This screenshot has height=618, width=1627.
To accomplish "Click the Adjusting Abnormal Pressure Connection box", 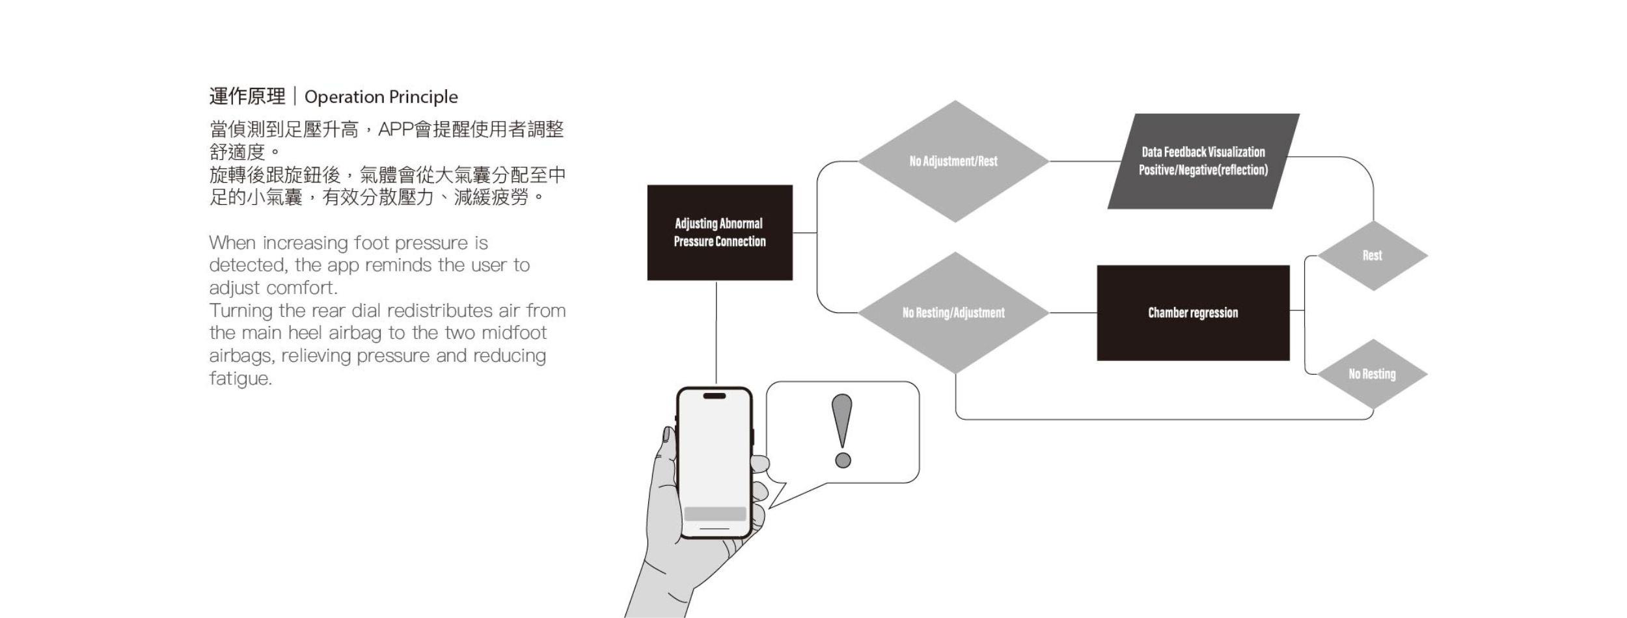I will tap(720, 232).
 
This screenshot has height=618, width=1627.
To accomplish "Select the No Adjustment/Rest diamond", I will tap(953, 161).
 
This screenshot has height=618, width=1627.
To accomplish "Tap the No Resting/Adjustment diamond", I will tap(953, 313).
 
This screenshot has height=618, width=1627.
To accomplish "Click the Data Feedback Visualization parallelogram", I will tap(1203, 161).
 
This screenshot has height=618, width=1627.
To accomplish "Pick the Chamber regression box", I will tap(1193, 313).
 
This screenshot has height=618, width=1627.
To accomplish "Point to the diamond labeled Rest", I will tap(1373, 256).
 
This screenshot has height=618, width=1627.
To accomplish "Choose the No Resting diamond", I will tap(1372, 374).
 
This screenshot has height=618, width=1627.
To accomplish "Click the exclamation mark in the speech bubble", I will tap(842, 430).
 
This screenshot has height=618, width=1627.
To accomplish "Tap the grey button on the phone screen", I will tap(715, 514).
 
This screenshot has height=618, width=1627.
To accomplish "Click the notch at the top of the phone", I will tap(715, 396).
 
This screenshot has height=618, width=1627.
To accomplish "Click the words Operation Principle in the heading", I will tap(381, 97).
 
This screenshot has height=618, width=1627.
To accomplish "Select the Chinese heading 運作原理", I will tap(247, 97).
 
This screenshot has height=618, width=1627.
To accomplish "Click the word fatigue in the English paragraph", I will tap(239, 379).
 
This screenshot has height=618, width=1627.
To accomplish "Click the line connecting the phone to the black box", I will tap(717, 332).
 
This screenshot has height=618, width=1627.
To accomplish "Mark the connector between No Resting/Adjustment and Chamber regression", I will tap(1073, 313).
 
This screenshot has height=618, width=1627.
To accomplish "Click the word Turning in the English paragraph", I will tap(241, 310).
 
